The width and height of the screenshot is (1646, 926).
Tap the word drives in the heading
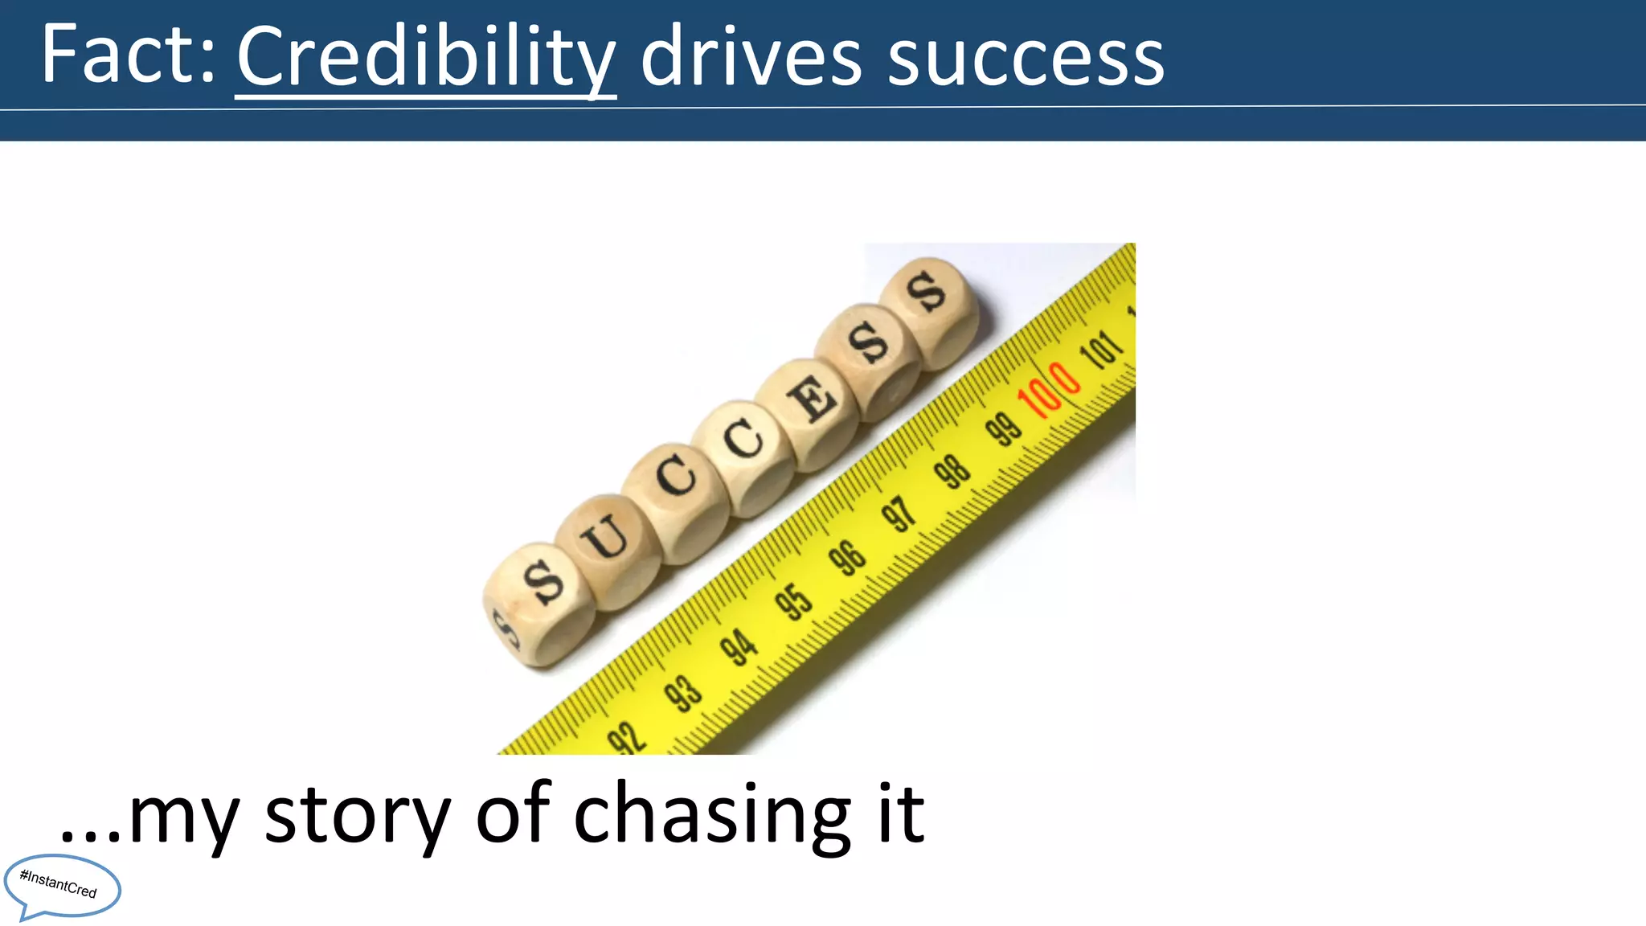(x=751, y=56)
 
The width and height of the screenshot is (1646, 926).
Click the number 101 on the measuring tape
(x=1102, y=349)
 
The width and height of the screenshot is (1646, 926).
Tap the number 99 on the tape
(x=1004, y=428)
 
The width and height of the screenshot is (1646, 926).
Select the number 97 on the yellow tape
(x=899, y=514)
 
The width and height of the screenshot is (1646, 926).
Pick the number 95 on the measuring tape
(x=793, y=601)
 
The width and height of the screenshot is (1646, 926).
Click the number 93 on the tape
(x=683, y=692)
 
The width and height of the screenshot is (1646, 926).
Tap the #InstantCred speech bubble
(x=61, y=886)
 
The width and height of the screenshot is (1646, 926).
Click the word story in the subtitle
(x=357, y=815)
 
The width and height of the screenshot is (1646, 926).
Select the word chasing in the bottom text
(x=712, y=815)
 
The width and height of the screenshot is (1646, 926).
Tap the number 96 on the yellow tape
(x=847, y=557)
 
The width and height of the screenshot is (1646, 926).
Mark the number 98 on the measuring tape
(x=952, y=471)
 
